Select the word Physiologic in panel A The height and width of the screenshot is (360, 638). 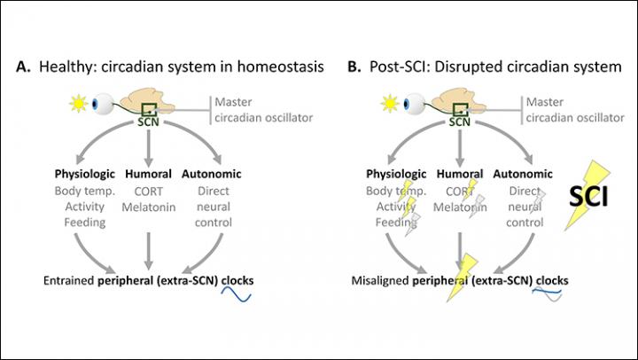coord(76,174)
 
